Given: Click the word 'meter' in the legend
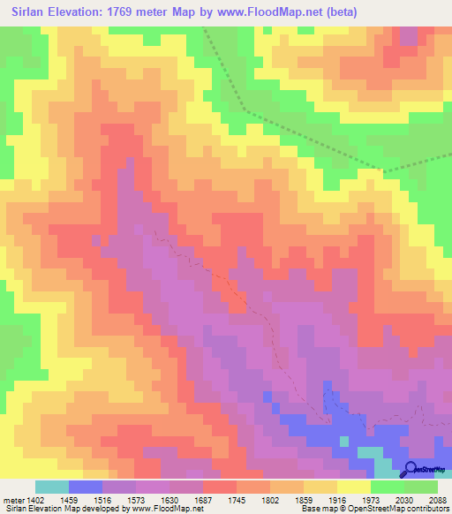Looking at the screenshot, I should [x=13, y=499].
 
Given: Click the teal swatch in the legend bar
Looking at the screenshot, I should [x=52, y=487].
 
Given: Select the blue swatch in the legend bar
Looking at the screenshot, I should [x=86, y=487].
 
